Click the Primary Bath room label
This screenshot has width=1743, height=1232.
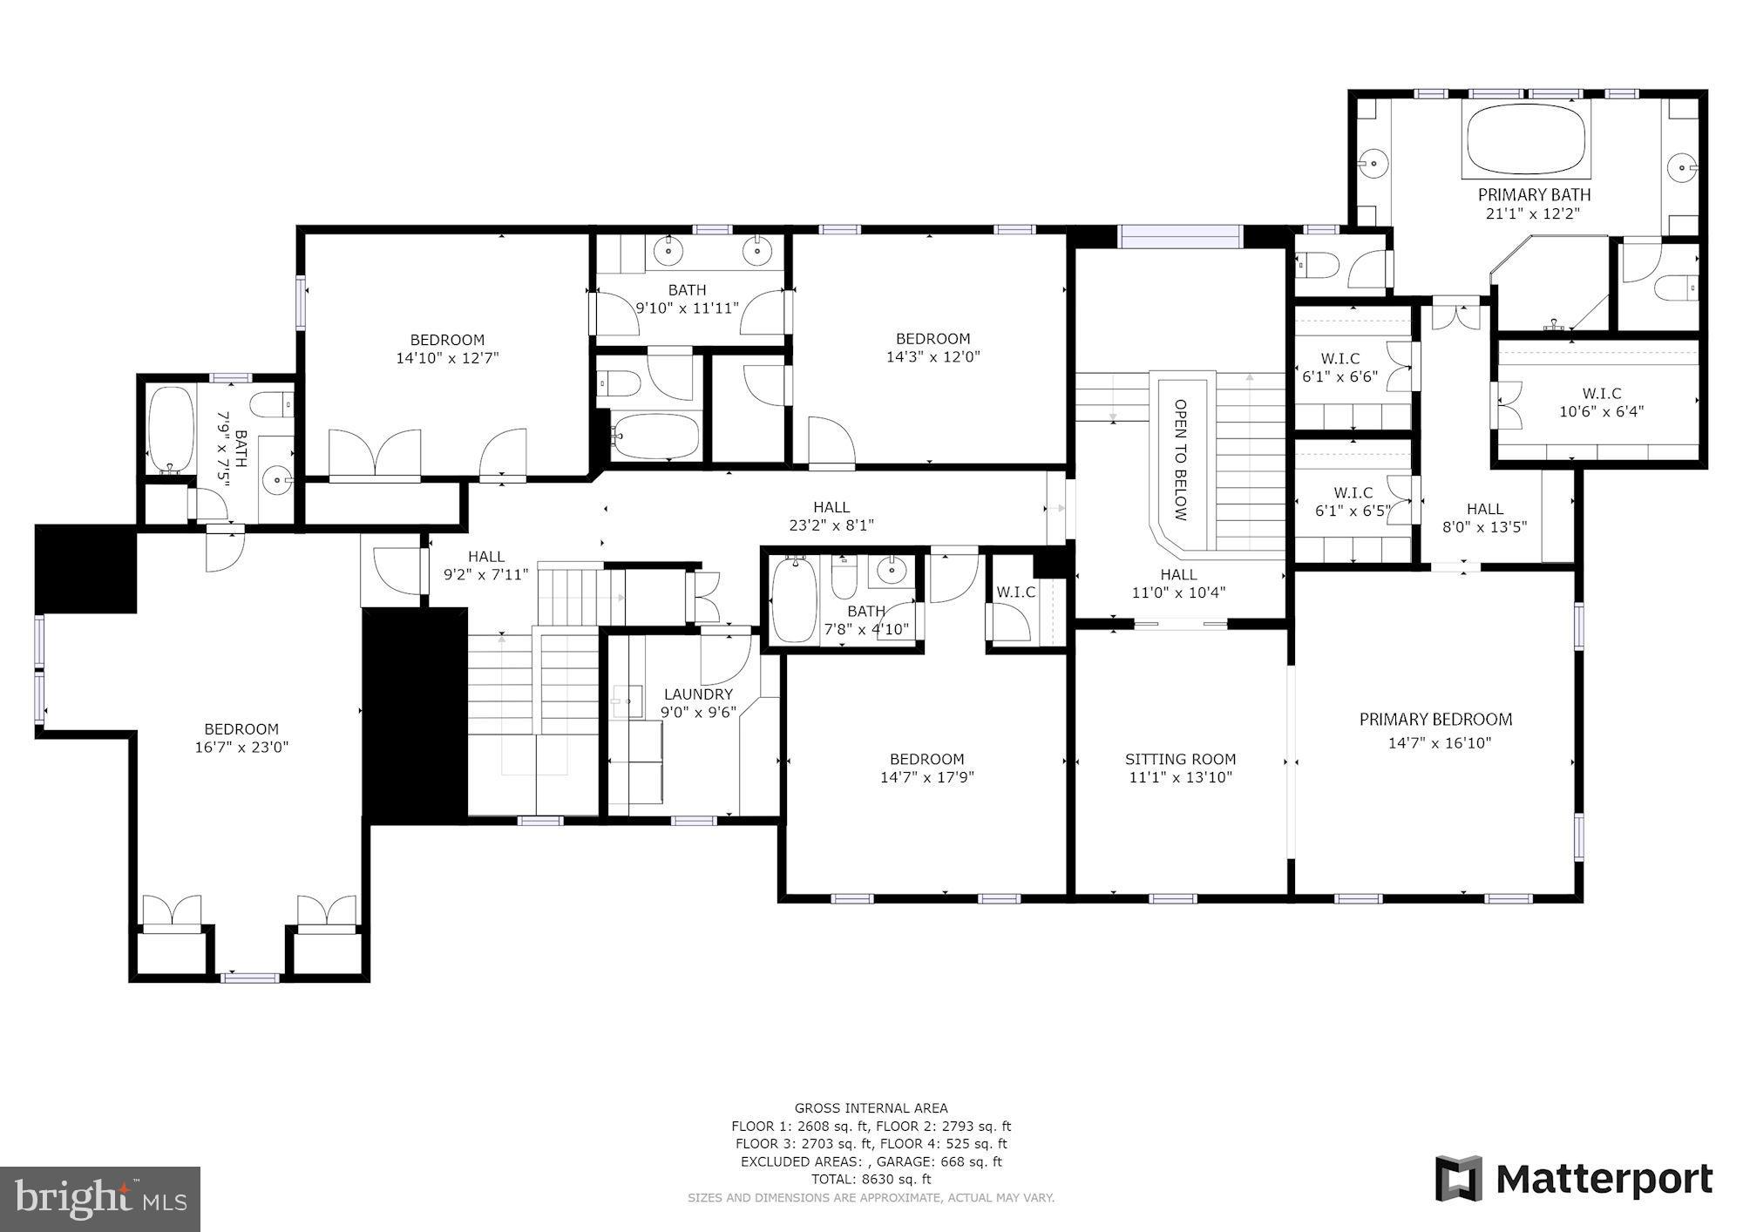pyautogui.click(x=1534, y=194)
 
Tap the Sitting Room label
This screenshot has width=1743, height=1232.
pyautogui.click(x=1180, y=759)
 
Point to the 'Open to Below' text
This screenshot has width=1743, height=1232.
pyautogui.click(x=1181, y=459)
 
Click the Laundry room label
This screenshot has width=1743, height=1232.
pyautogui.click(x=698, y=694)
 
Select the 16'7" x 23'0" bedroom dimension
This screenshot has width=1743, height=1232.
pyautogui.click(x=241, y=747)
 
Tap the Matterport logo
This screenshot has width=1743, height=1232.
pyautogui.click(x=1574, y=1179)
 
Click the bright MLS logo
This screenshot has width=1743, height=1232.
pyautogui.click(x=100, y=1199)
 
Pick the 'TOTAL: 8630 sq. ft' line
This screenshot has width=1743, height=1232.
pyautogui.click(x=871, y=1179)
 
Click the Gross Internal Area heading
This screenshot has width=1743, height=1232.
pyautogui.click(x=871, y=1108)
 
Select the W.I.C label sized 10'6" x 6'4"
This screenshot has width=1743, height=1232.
pyautogui.click(x=1602, y=394)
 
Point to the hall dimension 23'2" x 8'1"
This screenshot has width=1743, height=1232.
pyautogui.click(x=831, y=525)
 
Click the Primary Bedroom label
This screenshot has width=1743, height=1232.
pyautogui.click(x=1435, y=719)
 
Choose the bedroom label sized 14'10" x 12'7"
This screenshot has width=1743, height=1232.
pyautogui.click(x=447, y=340)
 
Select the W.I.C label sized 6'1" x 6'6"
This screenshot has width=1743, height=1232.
pyautogui.click(x=1339, y=359)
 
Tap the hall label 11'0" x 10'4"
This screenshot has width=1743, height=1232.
pyautogui.click(x=1178, y=574)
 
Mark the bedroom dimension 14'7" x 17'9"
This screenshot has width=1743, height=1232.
pyautogui.click(x=926, y=777)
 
